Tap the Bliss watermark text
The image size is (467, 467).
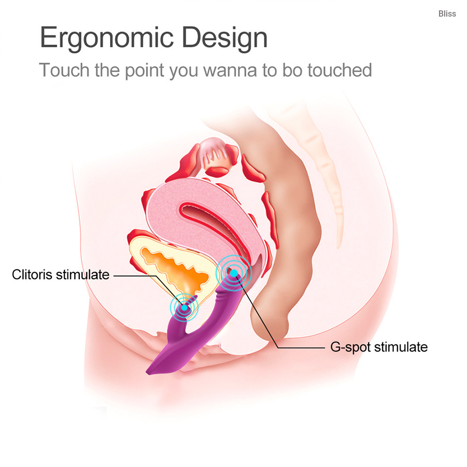[447, 13]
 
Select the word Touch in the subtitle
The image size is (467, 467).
[64, 70]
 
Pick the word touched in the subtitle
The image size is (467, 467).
[339, 70]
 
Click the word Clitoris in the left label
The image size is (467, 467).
[32, 274]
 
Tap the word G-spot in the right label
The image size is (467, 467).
[350, 347]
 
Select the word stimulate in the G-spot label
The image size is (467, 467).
[401, 347]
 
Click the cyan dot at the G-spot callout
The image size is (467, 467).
[234, 273]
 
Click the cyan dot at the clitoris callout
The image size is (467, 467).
[184, 307]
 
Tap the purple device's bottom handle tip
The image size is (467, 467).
[148, 372]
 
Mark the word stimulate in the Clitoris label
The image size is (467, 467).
[83, 274]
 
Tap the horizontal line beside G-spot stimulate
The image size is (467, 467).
[301, 348]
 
